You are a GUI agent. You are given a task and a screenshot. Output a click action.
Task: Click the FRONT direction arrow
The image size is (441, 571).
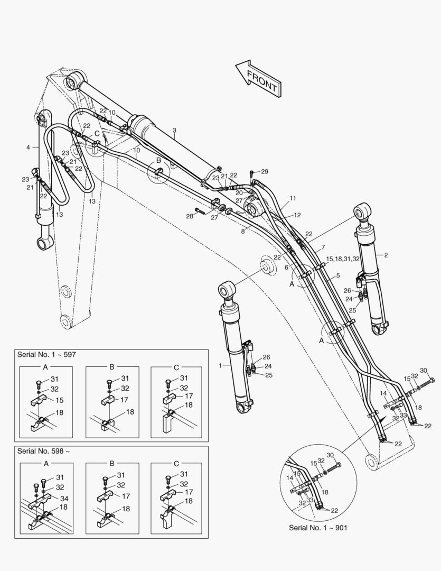pyautogui.click(x=258, y=78)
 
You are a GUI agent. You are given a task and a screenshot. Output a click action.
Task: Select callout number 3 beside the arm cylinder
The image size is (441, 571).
pyautogui.click(x=174, y=130)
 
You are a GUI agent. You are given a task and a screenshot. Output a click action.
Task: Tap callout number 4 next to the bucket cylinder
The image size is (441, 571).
pyautogui.click(x=28, y=148)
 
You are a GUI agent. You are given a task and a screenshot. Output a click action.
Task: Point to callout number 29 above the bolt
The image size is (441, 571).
pyautogui.click(x=265, y=171)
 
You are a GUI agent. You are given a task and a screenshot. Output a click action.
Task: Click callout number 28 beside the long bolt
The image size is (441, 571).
pyautogui.click(x=190, y=216)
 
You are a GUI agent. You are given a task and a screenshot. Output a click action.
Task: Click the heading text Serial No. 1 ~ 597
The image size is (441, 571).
pyautogui.click(x=46, y=354)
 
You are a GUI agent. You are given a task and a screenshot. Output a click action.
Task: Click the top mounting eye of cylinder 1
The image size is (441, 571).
pyautogui.click(x=226, y=290)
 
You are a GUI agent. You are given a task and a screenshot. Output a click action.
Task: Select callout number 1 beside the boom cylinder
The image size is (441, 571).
pyautogui.click(x=220, y=365)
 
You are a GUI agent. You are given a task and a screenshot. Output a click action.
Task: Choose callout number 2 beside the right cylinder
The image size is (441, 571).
pyautogui.click(x=386, y=255)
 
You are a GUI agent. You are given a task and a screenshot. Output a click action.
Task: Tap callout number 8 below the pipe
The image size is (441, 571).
pyautogui.click(x=243, y=231)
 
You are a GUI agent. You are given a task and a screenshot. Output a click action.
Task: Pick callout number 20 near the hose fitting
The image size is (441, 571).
pyautogui.click(x=239, y=193)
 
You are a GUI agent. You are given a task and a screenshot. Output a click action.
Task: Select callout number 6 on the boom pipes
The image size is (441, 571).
pyautogui.click(x=286, y=268)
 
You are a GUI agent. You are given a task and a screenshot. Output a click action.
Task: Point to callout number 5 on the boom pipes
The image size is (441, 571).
pyautogui.click(x=337, y=275)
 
